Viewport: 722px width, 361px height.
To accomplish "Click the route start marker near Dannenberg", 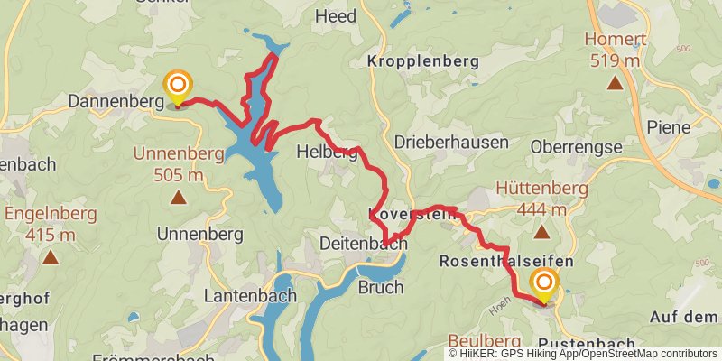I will pos(178,88).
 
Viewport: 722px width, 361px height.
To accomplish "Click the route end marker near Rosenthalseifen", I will pos(544,286).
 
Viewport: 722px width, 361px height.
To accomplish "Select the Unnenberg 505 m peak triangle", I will pos(178,195).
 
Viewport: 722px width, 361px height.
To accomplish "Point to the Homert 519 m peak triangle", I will pos(615,84).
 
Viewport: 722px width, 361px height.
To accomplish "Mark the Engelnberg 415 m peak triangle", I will pos(50,257).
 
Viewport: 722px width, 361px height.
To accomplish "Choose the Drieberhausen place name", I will pos(451,143).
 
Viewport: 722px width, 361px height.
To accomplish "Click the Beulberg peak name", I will pos(485,339).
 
